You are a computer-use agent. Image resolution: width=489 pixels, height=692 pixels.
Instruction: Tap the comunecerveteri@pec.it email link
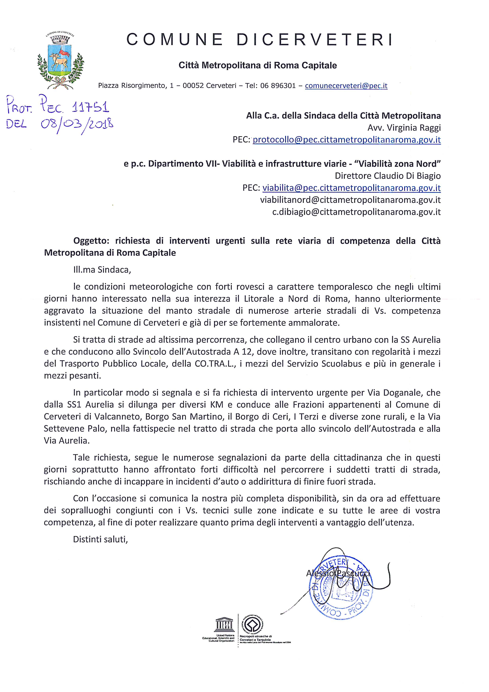(x=346, y=86)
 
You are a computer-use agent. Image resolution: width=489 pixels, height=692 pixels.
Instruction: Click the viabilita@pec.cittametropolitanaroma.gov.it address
(x=351, y=188)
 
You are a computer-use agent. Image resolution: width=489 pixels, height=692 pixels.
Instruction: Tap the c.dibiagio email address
(x=356, y=212)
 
